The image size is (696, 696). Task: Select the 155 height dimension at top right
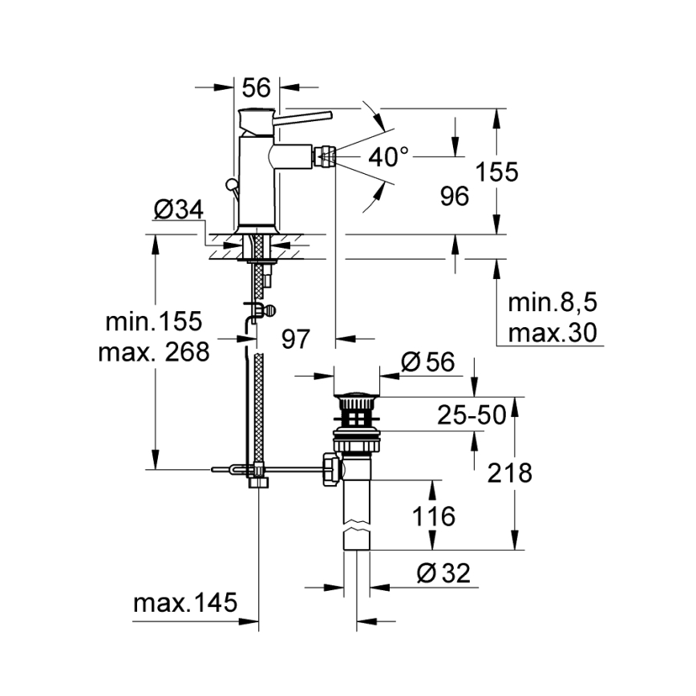pyautogui.click(x=496, y=172)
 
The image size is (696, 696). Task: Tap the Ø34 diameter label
pyautogui.click(x=177, y=210)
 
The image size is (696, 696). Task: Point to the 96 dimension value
pyautogui.click(x=455, y=196)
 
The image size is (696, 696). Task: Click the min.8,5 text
pyautogui.click(x=553, y=302)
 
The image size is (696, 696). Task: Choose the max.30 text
pyautogui.click(x=553, y=331)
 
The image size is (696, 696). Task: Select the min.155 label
pyautogui.click(x=155, y=322)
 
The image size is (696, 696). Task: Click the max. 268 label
pyautogui.click(x=153, y=351)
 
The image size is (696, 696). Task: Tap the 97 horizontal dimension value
pyautogui.click(x=295, y=339)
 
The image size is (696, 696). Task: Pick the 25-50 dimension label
pyautogui.click(x=471, y=415)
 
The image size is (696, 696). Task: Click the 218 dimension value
pyautogui.click(x=509, y=473)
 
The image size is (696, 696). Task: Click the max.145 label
pyautogui.click(x=185, y=603)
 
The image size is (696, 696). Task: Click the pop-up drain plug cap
pyautogui.click(x=356, y=395)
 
